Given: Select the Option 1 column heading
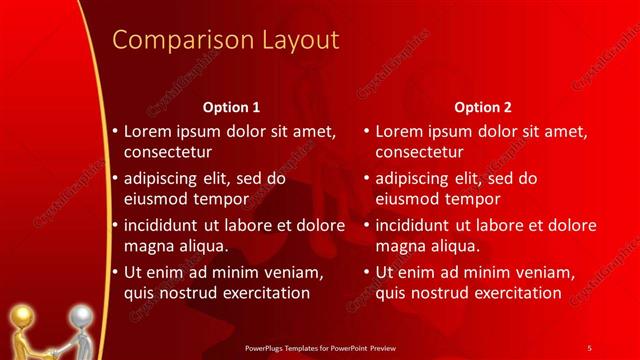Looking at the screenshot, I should [231, 106].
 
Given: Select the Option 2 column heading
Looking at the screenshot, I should [482, 106].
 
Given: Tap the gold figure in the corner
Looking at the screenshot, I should [24, 330].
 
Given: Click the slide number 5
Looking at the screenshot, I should [590, 347].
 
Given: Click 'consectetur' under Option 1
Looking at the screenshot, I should [167, 152].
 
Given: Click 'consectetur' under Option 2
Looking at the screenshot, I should [419, 152].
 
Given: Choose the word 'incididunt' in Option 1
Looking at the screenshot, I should [164, 225].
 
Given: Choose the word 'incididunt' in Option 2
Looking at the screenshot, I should [416, 225].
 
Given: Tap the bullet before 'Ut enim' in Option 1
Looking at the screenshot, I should [115, 272].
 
